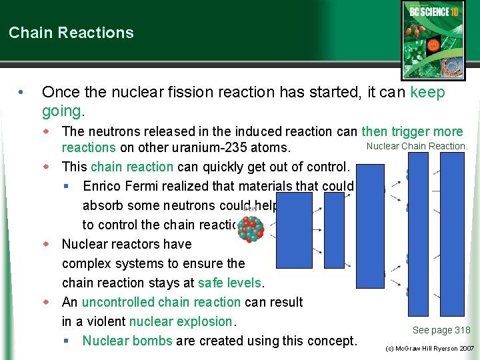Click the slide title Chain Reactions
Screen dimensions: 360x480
[71, 33]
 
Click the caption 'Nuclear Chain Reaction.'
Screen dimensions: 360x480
[417, 146]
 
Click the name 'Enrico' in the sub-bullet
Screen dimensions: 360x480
[105, 186]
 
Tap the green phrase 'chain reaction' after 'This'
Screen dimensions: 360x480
[132, 167]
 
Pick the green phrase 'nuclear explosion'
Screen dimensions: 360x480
[181, 321]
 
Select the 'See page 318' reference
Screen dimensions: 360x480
[441, 330]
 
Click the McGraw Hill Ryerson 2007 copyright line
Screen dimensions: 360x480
[431, 349]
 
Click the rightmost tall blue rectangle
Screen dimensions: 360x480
[452, 233]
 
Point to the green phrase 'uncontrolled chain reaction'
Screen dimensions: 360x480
[161, 302]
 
